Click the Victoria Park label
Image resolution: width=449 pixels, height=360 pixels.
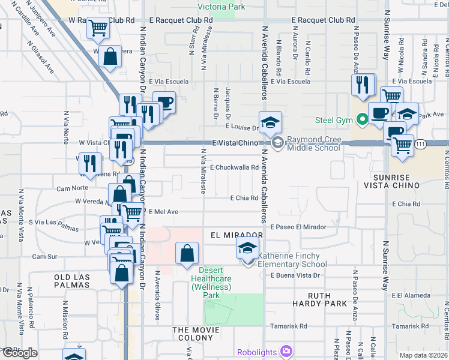click(222, 7)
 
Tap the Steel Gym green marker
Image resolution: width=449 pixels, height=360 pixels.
click(361, 120)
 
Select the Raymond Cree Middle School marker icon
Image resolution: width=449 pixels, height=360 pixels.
click(278, 143)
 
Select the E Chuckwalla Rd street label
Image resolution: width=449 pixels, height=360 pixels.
click(234, 167)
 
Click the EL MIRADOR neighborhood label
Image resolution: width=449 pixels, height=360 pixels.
click(237, 235)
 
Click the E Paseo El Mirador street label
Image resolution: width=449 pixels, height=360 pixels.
click(298, 227)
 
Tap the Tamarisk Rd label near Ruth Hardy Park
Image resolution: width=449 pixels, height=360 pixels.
click(290, 326)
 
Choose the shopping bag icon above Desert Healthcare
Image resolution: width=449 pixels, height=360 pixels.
click(187, 254)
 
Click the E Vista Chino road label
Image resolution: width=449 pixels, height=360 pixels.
click(234, 143)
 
